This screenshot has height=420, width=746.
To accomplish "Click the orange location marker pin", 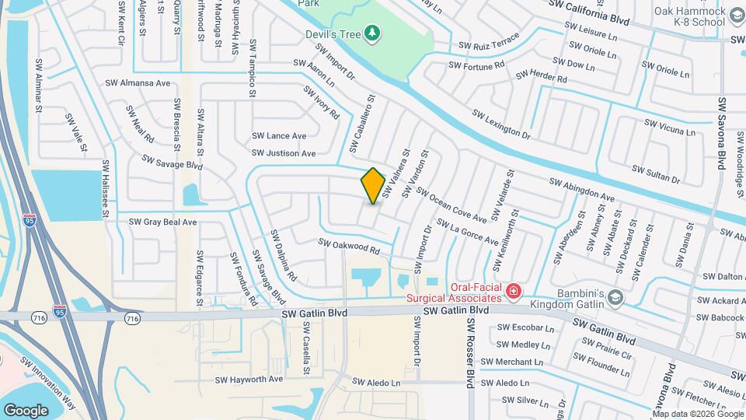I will pos(373,186).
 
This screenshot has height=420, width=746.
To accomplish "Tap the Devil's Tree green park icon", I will pos(375,33).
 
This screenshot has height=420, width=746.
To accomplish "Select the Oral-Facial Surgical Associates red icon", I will pos(513,292).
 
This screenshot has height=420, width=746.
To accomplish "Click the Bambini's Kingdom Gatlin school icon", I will pos(615,297).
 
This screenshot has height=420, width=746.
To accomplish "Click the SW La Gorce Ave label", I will pos(467,232).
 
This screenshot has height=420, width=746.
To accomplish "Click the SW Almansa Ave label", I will pos(138,82).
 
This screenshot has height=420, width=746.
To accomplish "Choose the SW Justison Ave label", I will pos(283,153).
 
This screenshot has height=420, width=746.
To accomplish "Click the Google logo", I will pos(26,410).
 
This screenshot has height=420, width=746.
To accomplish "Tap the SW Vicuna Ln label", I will pos(670,127).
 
